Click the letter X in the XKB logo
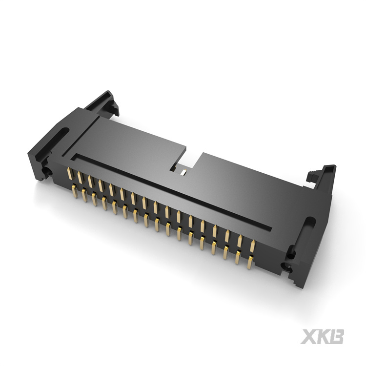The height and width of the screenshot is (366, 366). pos(308,337)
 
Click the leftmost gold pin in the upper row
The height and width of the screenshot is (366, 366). pos(69,174)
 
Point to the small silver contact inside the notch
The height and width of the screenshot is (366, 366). pos(183,172)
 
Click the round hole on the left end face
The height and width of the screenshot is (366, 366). pos(49,172)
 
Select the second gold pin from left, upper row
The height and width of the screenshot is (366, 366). pos(80,178)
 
